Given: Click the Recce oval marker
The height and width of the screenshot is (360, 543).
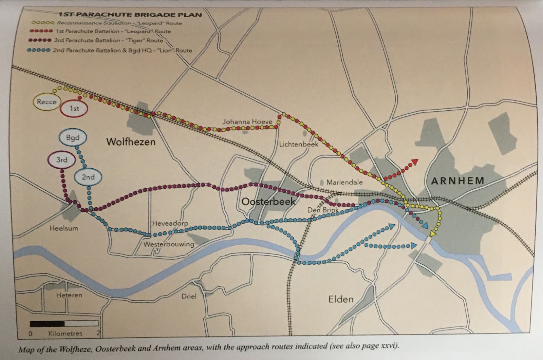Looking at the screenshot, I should pos(46,101).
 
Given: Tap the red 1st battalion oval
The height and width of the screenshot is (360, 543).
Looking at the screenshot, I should pos(74,109).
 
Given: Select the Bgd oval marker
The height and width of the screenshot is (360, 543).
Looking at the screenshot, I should pos(73,138).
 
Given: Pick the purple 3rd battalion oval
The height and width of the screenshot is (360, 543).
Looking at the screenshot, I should pos(62,159).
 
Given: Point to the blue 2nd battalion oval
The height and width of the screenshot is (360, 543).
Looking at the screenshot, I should pos(88,177).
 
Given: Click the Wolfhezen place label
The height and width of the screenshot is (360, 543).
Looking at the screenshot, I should pos(131,141).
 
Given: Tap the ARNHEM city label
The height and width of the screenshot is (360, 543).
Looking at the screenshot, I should pos(457,181).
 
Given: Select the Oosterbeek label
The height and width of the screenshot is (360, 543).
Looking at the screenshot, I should pos(268,202).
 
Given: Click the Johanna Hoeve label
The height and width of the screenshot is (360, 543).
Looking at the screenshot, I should pos(247,121).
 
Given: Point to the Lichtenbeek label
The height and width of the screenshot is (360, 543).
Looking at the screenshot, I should pos(299,144).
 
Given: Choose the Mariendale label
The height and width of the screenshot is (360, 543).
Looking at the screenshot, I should pos(344,182).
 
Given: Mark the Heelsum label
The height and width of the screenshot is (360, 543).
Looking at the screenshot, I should pos(64,228).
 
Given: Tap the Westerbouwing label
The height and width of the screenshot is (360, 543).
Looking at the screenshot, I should pos(169,244).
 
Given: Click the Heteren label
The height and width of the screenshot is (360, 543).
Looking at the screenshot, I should pos(69,295).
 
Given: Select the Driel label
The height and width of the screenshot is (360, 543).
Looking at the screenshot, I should pos(189,296).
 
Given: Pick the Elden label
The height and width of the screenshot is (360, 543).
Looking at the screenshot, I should pos(341,299).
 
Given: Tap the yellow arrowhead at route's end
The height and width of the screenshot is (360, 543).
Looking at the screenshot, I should pos(433,233).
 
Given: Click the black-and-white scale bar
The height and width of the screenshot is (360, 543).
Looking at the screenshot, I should pos(64,324).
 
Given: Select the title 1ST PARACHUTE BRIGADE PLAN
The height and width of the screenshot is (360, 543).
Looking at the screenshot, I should pos(130,15).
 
